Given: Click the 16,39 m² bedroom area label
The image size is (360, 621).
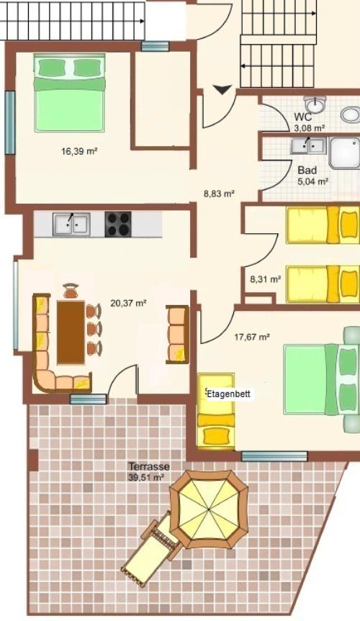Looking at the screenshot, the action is click(x=79, y=151).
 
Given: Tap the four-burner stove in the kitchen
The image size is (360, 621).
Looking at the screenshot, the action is click(x=118, y=225).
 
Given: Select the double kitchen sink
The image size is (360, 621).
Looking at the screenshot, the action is click(x=71, y=225).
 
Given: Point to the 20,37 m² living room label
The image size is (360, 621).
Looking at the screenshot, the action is click(x=128, y=304).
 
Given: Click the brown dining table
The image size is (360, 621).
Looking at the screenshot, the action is click(x=71, y=332).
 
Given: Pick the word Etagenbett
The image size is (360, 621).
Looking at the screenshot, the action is click(x=229, y=394).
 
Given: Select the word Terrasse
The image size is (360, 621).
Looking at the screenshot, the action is click(x=148, y=466).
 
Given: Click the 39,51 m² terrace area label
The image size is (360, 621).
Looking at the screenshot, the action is click(x=146, y=478).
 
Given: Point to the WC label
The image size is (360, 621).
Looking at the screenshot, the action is click(x=303, y=117).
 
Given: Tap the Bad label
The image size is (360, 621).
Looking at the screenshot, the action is click(x=307, y=171).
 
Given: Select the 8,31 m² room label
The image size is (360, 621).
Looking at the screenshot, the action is click(x=265, y=279).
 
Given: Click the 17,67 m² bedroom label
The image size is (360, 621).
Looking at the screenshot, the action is click(x=252, y=337).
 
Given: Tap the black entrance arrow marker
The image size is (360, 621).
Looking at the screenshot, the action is click(x=222, y=90).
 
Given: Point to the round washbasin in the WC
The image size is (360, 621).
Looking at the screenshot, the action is click(x=315, y=104).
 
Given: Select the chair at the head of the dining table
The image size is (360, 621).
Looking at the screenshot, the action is click(x=71, y=291).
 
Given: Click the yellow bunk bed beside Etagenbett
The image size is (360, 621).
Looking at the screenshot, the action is click(x=216, y=411).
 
